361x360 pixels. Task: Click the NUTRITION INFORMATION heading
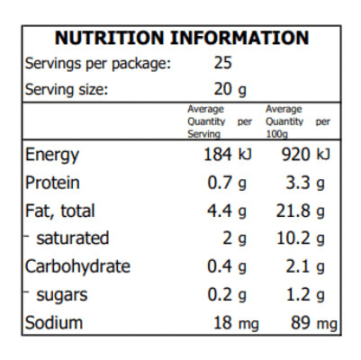pyautogui.click(x=181, y=38)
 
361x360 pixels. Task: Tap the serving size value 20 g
pyautogui.click(x=230, y=89)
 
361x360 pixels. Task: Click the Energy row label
pyautogui.click(x=52, y=154)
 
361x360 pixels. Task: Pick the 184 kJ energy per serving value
pyautogui.click(x=229, y=154)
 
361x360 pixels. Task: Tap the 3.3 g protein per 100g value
pyautogui.click(x=305, y=183)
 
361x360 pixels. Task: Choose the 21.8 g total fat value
pyautogui.click(x=302, y=211)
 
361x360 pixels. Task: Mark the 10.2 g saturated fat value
pyautogui.click(x=302, y=238)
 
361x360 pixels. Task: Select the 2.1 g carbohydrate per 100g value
pyautogui.click(x=305, y=266)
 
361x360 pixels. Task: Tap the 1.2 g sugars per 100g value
pyautogui.click(x=305, y=294)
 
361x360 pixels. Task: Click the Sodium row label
pyautogui.click(x=54, y=323)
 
